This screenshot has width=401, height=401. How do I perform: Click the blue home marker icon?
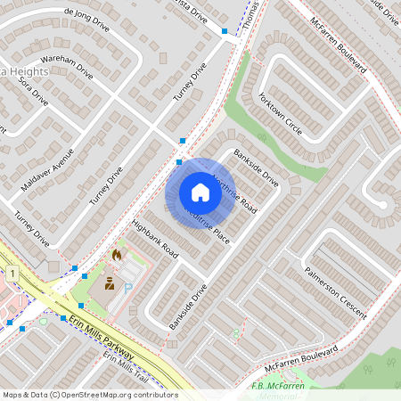(x=200, y=192)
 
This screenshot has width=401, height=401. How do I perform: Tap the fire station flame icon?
(x=116, y=255)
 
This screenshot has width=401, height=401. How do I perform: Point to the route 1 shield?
(x=12, y=272)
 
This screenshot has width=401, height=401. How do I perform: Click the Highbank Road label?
(x=154, y=239)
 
